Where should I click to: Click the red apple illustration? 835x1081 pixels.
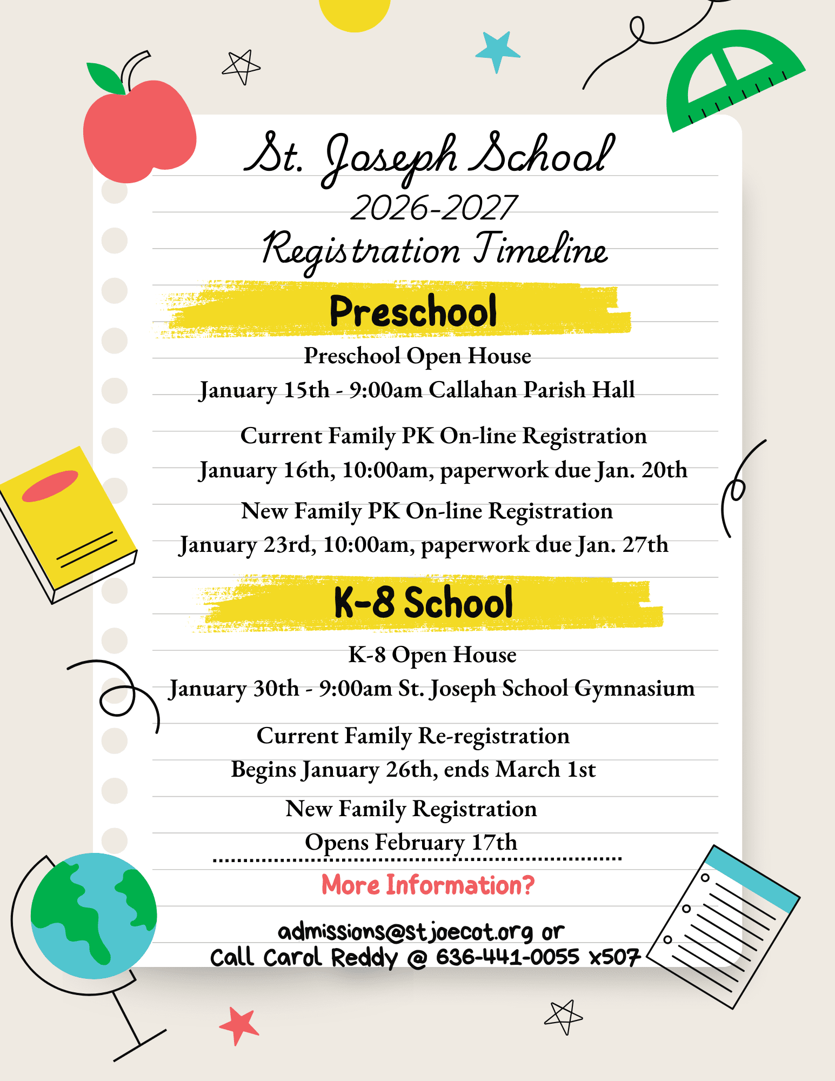139,132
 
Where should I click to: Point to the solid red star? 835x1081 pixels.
238,1024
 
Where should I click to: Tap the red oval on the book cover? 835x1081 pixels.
50,485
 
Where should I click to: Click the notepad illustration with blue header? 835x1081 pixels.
724,924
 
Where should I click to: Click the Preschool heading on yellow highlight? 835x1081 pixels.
413,311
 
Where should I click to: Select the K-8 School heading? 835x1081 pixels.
423,603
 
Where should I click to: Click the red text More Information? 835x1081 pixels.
427,885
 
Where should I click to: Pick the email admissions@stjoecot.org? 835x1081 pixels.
405,931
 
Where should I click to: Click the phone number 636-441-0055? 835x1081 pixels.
507,957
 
